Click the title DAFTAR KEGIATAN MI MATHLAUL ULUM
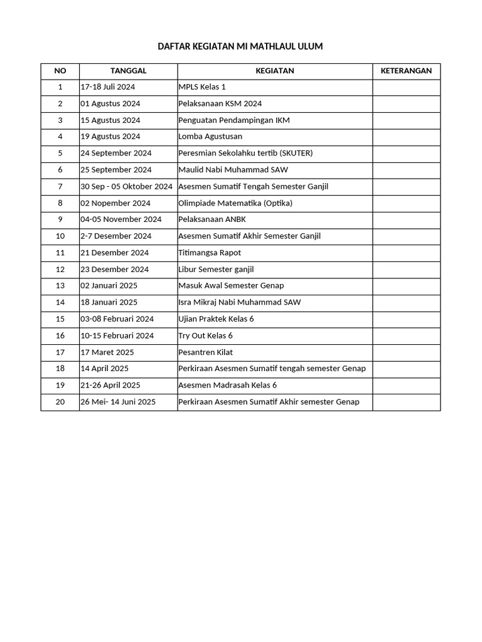(240, 46)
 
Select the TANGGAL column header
(128, 71)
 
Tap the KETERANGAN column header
(406, 71)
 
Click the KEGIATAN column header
(274, 71)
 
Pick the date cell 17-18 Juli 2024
(108, 87)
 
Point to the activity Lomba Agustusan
(210, 137)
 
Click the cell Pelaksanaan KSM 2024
(220, 103)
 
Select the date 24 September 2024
(116, 153)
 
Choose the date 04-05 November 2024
(121, 219)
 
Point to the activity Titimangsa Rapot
(210, 253)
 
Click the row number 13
(60, 286)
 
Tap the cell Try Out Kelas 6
(205, 335)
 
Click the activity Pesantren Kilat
(205, 352)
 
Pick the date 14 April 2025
(105, 369)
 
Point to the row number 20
(60, 402)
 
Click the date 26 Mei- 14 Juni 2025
(118, 402)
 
